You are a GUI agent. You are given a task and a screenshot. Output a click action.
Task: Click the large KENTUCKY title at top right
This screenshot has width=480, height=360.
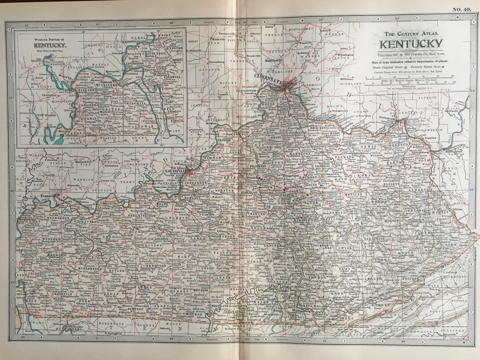click(x=411, y=44)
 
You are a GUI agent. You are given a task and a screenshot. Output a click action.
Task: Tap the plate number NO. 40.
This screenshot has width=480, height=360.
click(x=463, y=9)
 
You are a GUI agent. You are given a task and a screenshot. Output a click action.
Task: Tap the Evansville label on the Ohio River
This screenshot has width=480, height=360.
click(x=48, y=196)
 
